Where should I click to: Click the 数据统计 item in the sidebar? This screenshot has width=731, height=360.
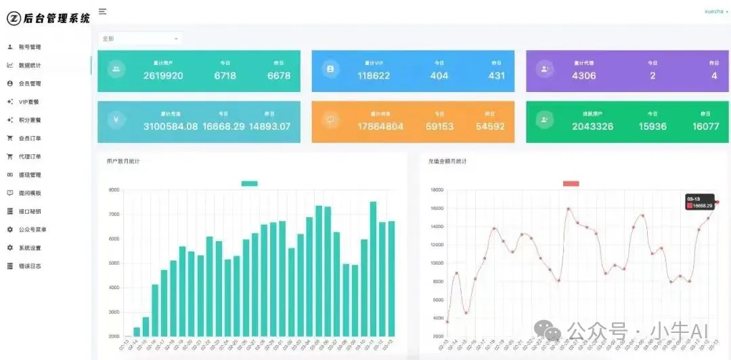(x=30, y=65)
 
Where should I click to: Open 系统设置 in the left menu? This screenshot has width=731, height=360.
(x=30, y=248)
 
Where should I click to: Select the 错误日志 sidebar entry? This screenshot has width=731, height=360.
(x=30, y=266)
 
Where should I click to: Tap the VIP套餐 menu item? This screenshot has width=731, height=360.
(x=29, y=102)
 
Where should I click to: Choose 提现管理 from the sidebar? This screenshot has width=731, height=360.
(x=30, y=175)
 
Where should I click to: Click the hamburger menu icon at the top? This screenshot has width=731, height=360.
(x=102, y=12)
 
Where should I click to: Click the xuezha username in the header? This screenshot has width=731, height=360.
(x=714, y=12)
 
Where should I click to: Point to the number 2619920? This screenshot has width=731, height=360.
(x=163, y=76)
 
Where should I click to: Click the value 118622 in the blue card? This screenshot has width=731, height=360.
(x=374, y=76)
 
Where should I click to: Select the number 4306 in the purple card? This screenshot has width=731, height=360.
(x=583, y=76)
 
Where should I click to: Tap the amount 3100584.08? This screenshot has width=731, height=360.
(x=171, y=127)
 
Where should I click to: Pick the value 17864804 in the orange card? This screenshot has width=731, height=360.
(x=380, y=127)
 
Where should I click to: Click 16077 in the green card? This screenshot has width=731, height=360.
(x=705, y=127)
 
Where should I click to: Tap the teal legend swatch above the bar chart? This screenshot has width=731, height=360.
(x=249, y=183)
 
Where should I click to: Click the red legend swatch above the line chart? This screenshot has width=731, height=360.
(x=571, y=183)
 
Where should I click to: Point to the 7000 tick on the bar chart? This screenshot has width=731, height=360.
(x=114, y=215)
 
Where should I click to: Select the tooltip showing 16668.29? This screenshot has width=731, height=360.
(x=699, y=202)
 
